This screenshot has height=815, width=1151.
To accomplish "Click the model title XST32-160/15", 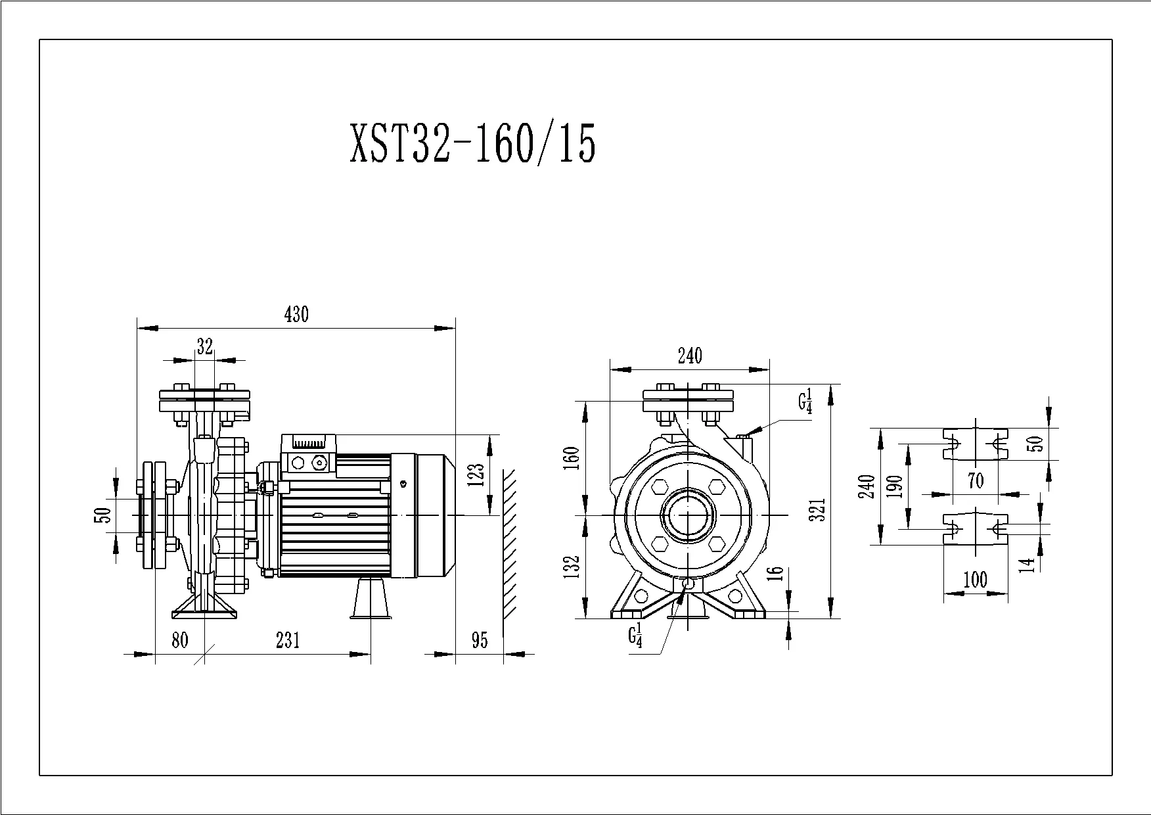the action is tap(473, 143).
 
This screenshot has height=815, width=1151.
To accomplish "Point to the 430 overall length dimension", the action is tap(296, 315).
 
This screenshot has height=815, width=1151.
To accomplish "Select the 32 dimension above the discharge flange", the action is tap(205, 346).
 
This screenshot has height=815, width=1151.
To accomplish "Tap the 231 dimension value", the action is tap(288, 640).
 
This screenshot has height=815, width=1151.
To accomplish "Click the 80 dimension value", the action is tap(180, 640).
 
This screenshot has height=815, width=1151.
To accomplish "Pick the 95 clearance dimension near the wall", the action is tap(480, 640).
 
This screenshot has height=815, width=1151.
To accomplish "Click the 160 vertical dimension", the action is tap(572, 457).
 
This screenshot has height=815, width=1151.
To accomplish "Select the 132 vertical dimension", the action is tap(572, 567).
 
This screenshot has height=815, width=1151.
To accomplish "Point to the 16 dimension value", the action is tap(776, 572).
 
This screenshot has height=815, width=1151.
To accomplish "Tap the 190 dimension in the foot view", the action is tap(895, 486).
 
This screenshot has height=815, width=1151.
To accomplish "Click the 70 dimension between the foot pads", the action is tap(976, 481).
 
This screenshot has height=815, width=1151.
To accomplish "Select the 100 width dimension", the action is tap(975, 580).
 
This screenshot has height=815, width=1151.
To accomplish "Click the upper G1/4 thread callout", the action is tap(805, 401).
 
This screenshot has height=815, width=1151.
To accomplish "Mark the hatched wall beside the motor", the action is tap(509, 544).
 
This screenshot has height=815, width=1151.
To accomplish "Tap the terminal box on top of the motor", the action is tap(309, 454).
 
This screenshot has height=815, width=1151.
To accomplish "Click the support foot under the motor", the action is tap(372, 597).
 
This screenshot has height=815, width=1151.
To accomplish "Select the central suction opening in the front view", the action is tap(687, 515).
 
